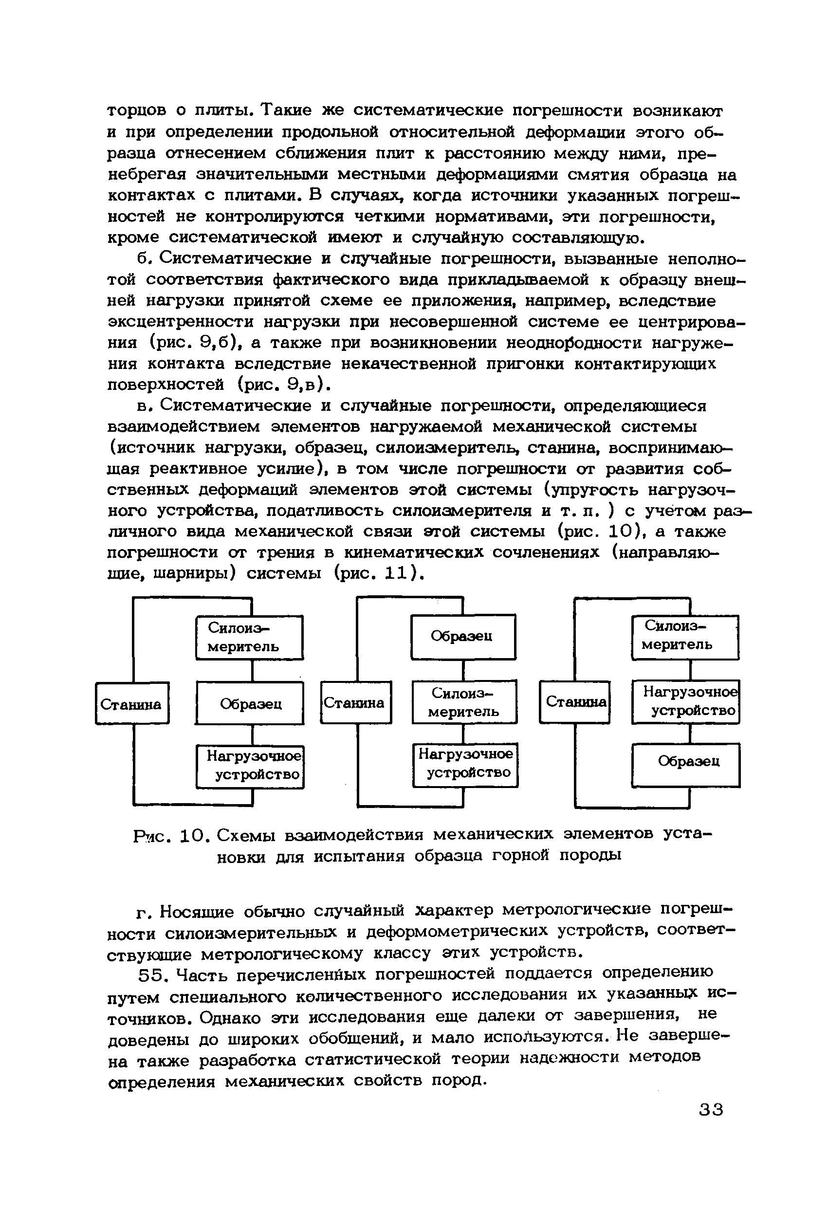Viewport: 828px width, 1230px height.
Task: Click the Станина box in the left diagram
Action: [132, 703]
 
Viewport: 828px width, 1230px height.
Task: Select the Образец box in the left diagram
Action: [250, 703]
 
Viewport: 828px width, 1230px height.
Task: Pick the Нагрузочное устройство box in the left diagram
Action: [250, 766]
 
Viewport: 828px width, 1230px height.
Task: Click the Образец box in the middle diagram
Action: [463, 637]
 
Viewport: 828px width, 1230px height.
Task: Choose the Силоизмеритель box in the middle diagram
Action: [464, 701]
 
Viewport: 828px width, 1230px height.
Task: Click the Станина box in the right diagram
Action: [574, 701]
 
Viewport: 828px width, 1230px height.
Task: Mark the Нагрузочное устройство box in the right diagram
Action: [685, 701]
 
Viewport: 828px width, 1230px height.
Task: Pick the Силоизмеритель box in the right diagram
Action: [685, 637]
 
